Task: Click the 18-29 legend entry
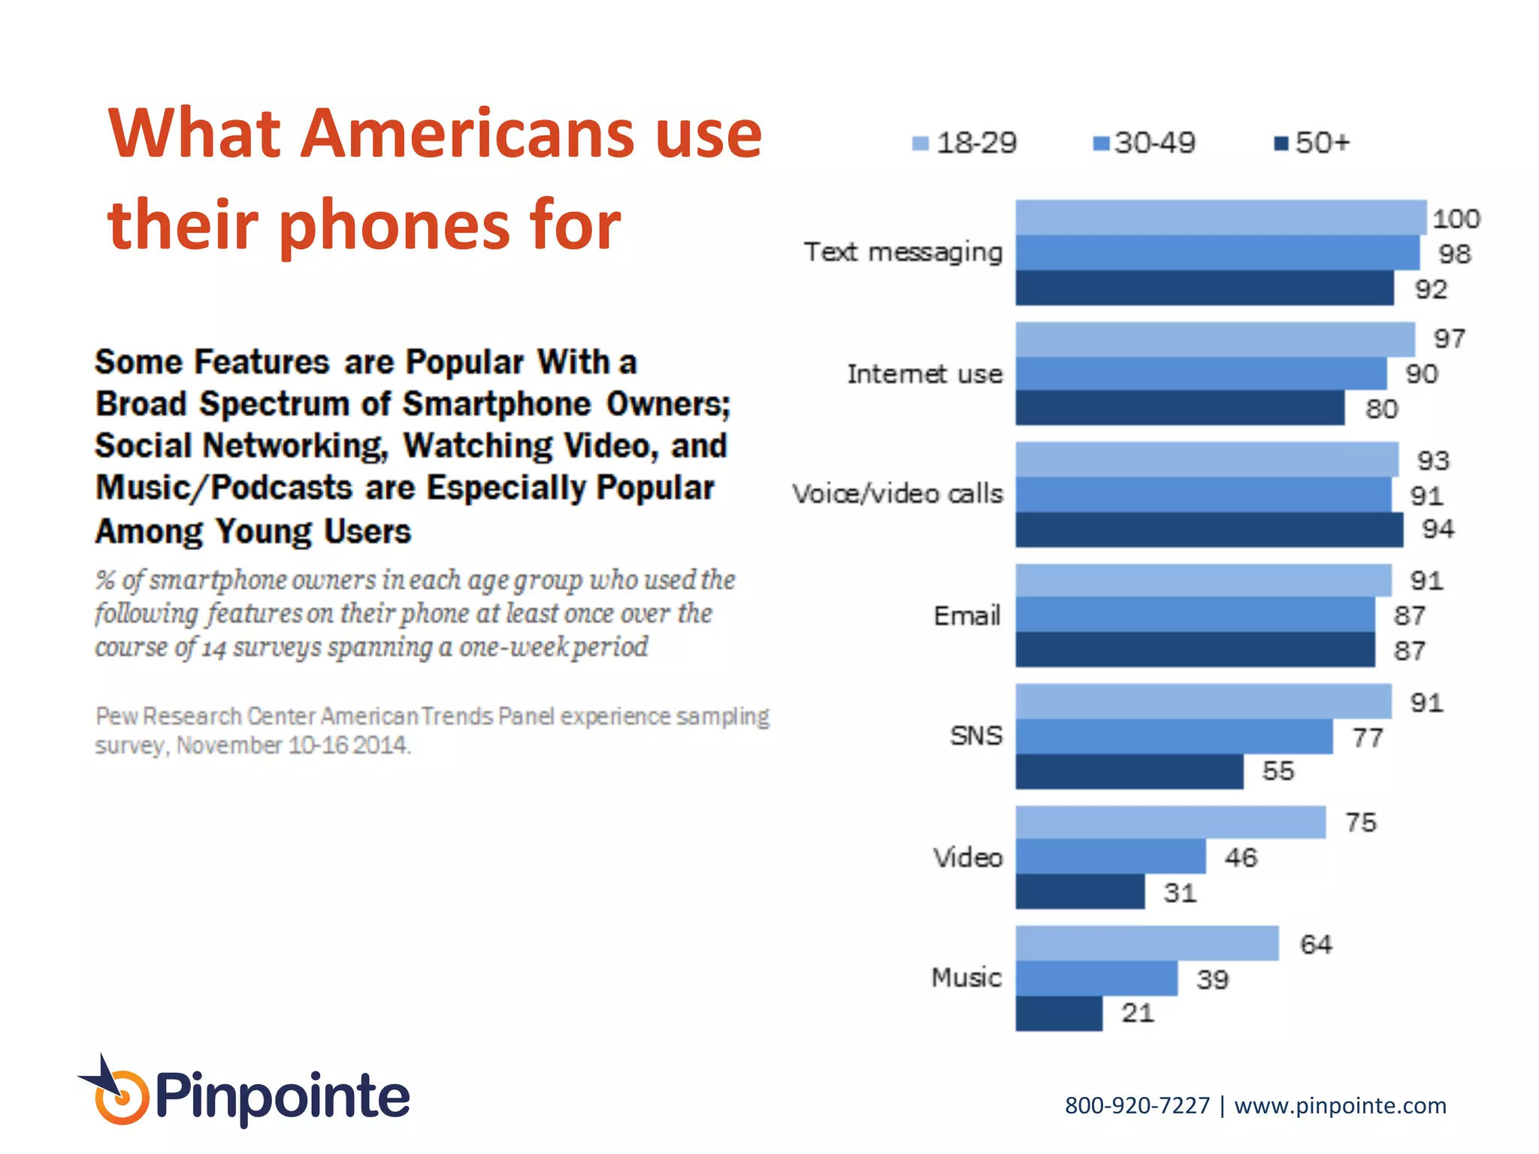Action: (x=965, y=143)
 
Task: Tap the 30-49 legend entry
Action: (x=1144, y=143)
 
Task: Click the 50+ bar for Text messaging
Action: (x=1204, y=288)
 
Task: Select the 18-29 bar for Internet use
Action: (x=1214, y=340)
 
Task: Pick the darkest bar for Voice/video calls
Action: (x=1208, y=530)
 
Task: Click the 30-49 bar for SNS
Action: (x=1174, y=737)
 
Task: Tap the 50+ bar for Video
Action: (x=1080, y=892)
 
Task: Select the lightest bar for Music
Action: (x=1147, y=944)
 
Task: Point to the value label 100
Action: (x=1456, y=219)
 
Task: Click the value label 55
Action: (x=1277, y=771)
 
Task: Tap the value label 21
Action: (x=1137, y=1013)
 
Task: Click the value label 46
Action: (x=1240, y=857)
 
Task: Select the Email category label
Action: (x=967, y=615)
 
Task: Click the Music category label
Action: (x=966, y=977)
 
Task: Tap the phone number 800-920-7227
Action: (x=1137, y=1106)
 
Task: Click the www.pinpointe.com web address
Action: (x=1340, y=1106)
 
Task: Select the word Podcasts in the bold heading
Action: (x=282, y=488)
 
